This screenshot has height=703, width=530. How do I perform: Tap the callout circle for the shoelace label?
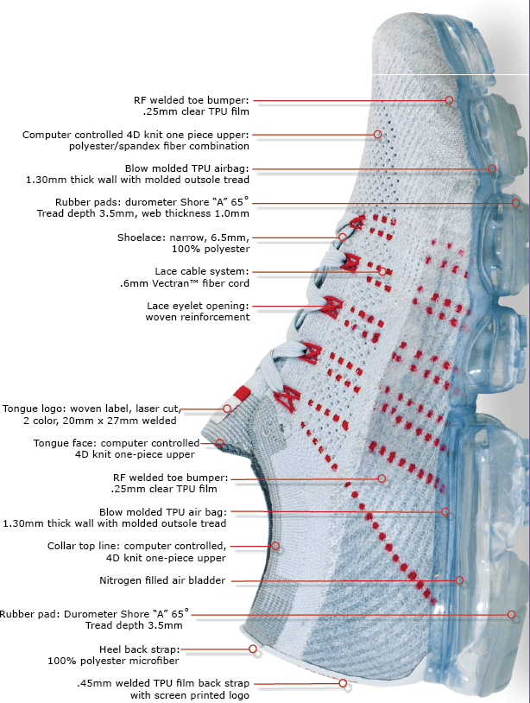coord(343,237)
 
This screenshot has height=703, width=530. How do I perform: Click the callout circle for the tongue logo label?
coord(227,408)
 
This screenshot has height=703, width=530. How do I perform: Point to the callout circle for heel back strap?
coord(253,649)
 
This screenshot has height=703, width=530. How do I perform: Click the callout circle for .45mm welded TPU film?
coord(344,683)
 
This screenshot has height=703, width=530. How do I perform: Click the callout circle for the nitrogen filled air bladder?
coord(459,580)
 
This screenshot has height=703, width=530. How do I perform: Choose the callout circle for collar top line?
coord(275,546)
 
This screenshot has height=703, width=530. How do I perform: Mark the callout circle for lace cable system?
coord(382,271)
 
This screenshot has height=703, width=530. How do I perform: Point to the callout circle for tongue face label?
coord(219,443)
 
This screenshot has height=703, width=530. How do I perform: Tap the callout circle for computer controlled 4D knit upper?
coord(378,135)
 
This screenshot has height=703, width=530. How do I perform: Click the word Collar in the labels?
coord(65,546)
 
